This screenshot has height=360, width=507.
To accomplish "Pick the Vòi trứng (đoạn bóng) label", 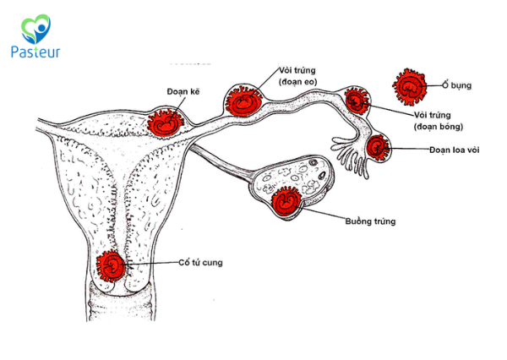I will (436, 120).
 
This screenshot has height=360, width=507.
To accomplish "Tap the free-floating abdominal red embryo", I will (411, 86).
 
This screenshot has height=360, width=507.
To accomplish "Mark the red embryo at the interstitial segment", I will (165, 120).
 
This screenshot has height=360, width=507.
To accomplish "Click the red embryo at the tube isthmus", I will (243, 101).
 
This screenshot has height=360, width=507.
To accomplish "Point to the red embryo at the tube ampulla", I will (357, 101).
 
